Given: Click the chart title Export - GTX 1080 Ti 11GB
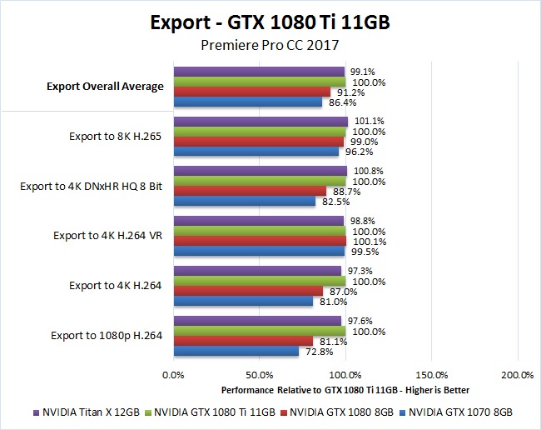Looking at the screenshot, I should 270,21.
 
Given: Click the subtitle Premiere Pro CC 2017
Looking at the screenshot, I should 270,46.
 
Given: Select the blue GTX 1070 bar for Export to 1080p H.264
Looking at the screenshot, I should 236,352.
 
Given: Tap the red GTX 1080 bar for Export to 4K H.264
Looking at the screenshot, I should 248,291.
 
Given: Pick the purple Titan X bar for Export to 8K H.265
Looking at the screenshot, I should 261,122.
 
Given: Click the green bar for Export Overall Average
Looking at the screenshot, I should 260,82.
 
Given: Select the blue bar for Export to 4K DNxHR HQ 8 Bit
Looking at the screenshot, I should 245,202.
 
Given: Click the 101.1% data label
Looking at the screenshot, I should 367,121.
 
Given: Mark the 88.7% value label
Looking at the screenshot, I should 344,192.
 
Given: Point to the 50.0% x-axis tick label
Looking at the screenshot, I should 260,375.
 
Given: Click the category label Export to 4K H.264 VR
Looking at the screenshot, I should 107,236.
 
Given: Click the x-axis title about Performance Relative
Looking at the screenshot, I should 345,390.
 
